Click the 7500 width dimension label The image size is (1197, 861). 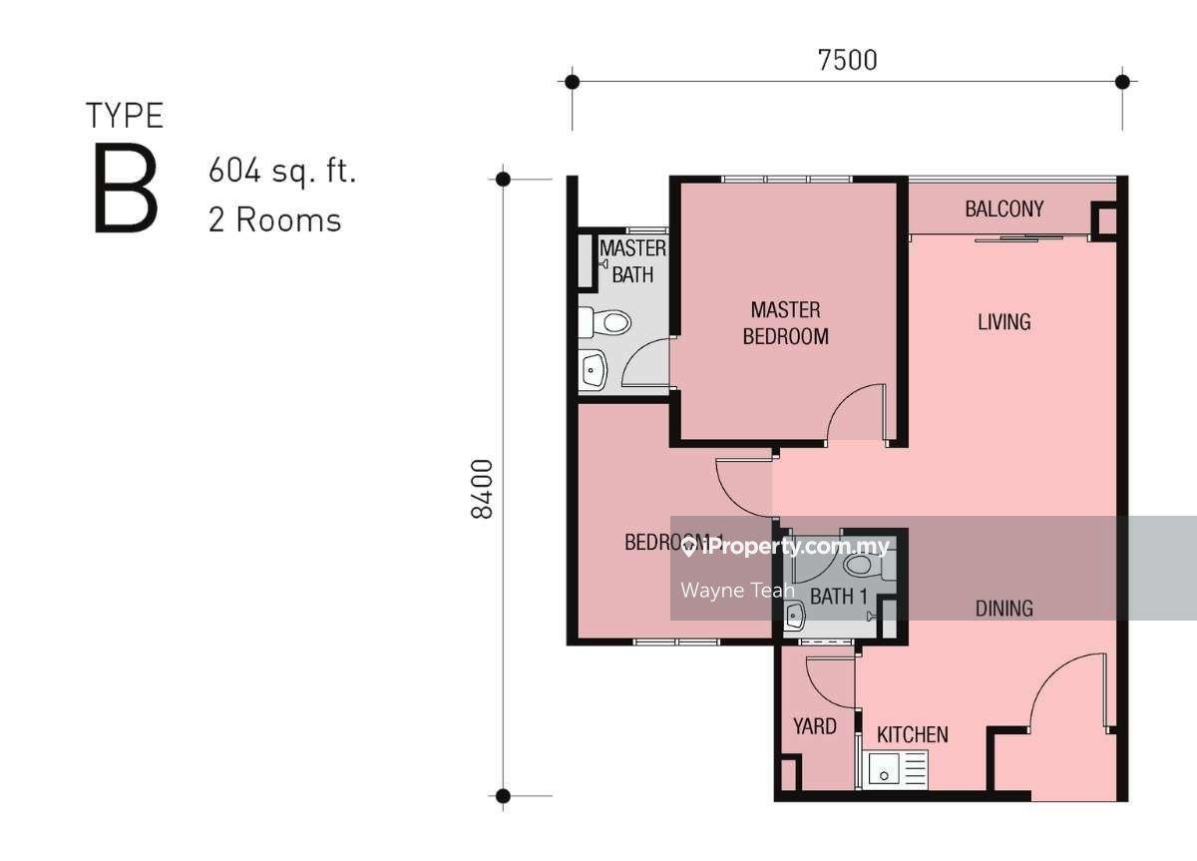tap(848, 61)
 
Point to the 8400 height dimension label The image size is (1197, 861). tap(482, 489)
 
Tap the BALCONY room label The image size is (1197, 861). tap(1004, 209)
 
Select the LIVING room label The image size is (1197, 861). tap(1004, 321)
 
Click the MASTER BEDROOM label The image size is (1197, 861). tap(786, 323)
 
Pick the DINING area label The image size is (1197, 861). tap(1004, 609)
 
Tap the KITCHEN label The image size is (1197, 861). tap(913, 735)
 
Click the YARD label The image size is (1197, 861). tap(814, 726)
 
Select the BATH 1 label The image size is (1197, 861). tap(839, 597)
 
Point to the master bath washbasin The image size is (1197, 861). tap(593, 370)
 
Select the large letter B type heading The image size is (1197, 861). tap(126, 189)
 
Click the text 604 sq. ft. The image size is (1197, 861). tap(282, 171)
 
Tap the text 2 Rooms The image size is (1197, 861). tap(274, 220)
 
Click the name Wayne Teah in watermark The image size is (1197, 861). tap(738, 591)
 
